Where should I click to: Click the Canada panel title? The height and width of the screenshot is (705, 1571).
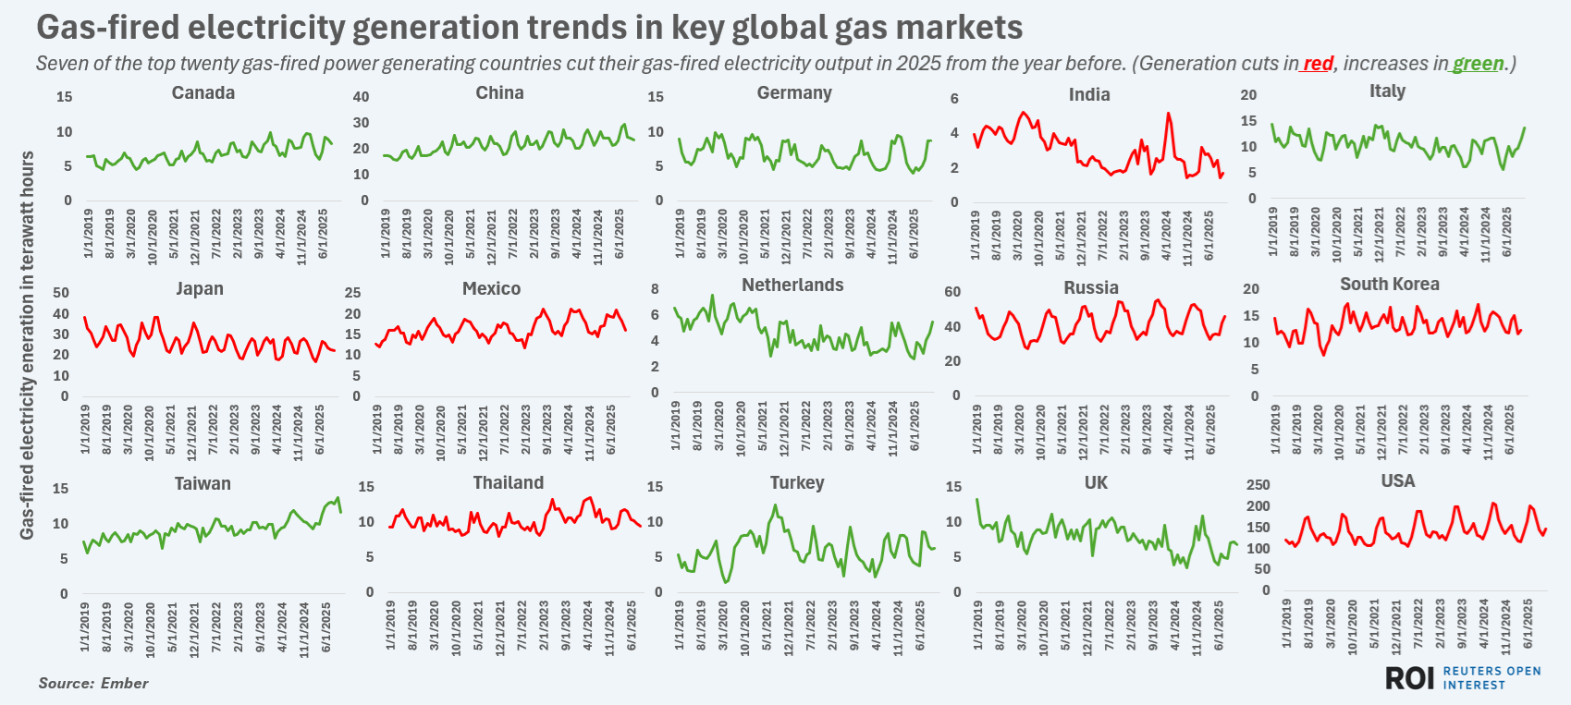203,93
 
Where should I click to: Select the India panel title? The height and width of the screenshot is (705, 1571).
1089,95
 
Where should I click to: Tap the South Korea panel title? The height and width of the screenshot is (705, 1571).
1389,285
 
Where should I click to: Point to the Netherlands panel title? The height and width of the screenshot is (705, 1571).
792,286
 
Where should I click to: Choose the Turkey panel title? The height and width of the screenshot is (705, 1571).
796,483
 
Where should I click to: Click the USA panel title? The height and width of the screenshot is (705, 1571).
1397,481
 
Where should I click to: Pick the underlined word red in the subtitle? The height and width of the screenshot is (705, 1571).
1318,64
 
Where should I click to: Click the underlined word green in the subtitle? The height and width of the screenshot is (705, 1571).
1478,64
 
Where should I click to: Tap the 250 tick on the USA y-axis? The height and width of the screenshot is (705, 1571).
1258,485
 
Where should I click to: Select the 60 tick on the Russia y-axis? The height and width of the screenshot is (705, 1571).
951,292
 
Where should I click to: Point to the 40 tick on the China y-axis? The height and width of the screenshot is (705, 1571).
361,97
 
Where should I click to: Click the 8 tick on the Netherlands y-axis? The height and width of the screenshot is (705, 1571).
655,289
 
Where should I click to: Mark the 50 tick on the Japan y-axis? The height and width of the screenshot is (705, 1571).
61,293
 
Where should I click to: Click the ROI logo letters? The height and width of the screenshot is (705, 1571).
1409,678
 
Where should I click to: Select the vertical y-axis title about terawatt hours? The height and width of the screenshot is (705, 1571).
27,345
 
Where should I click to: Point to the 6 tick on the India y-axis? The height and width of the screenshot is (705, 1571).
954,99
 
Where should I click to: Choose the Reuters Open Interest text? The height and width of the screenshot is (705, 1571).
1491,678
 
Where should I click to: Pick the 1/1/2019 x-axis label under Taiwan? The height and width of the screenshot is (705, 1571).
86,627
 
